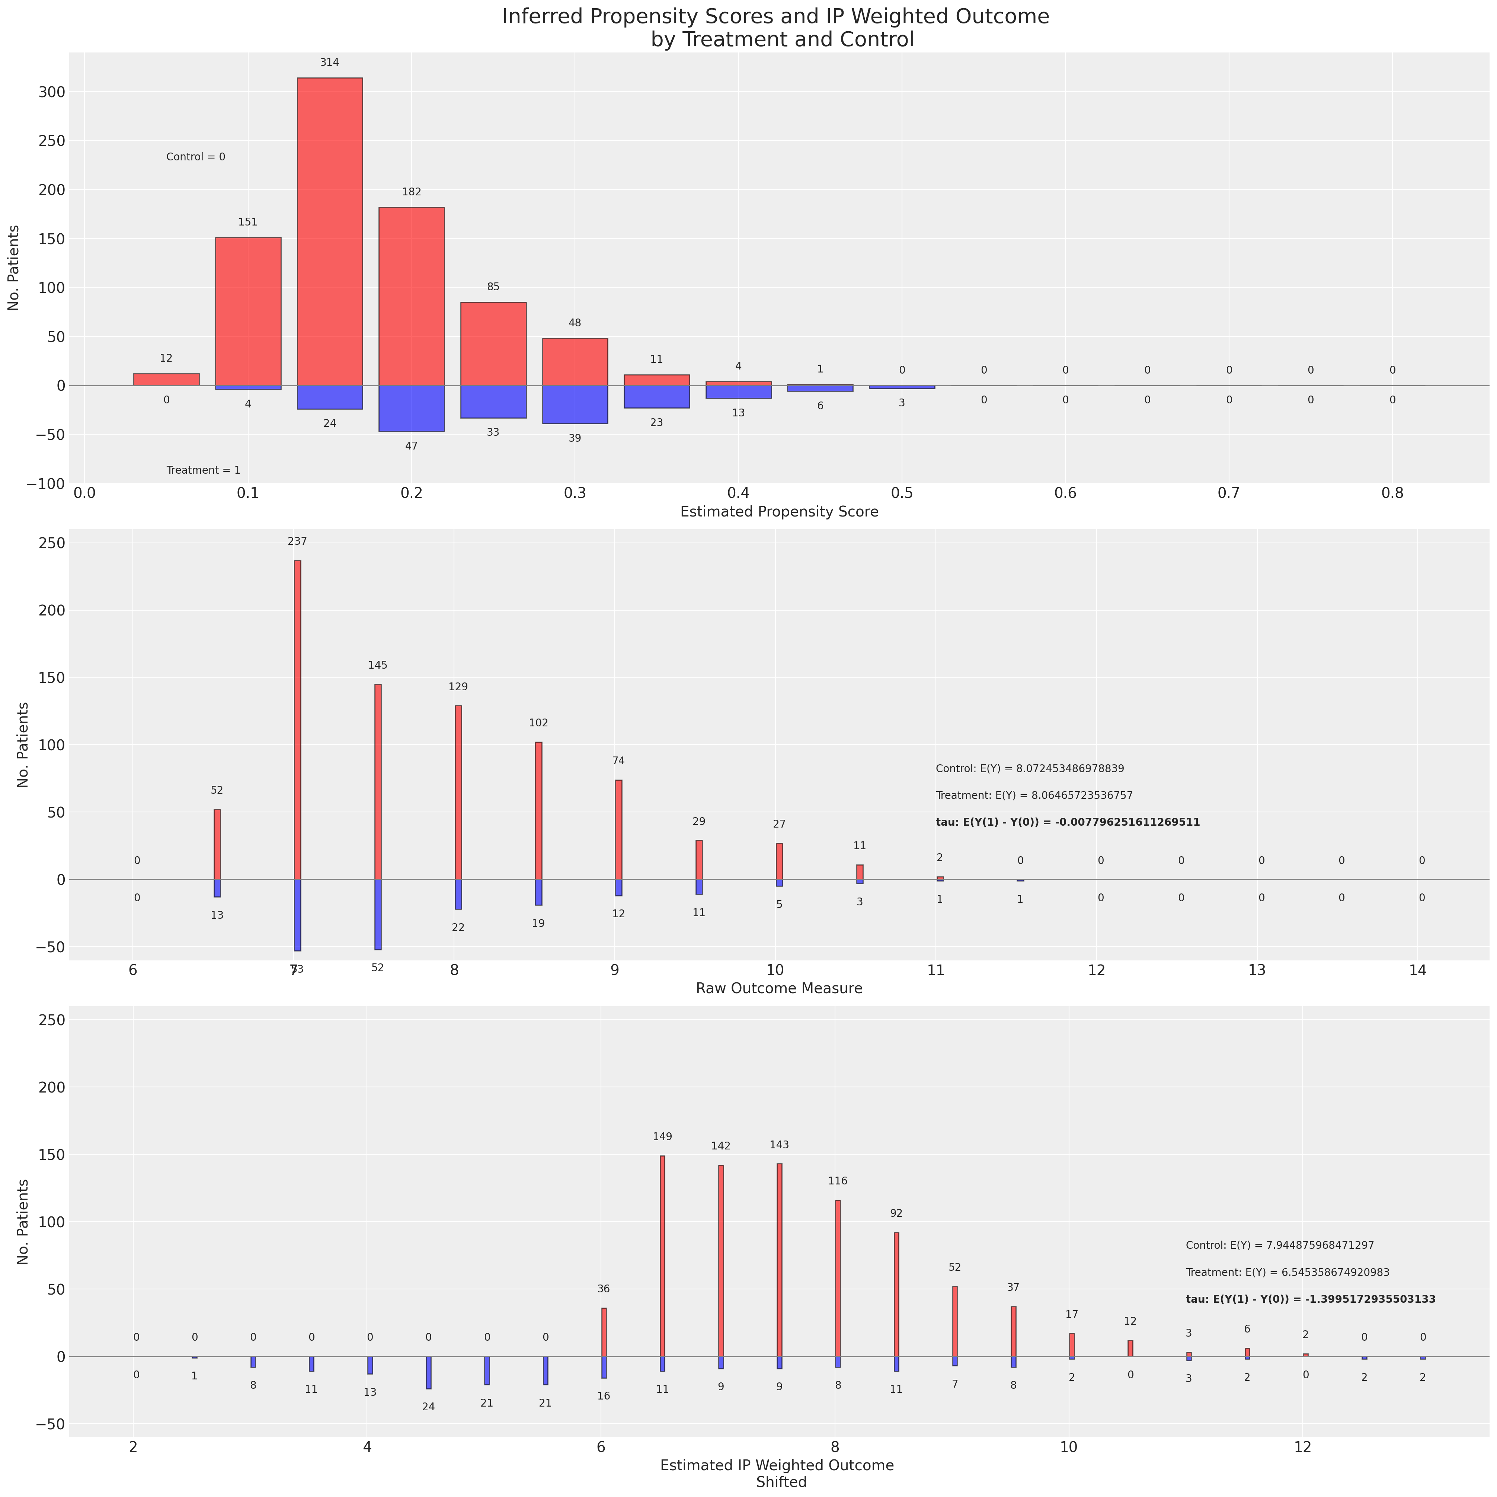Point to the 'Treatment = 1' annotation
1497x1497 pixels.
pos(203,470)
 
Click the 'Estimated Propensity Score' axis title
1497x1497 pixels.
pos(779,512)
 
